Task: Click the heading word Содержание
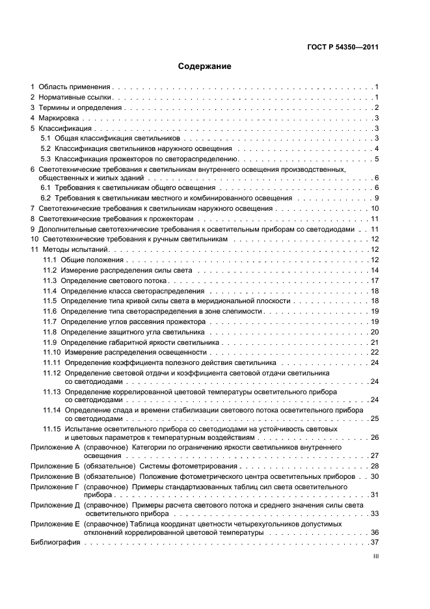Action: pos(205,66)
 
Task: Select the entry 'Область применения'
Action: pos(75,87)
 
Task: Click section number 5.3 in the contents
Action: pos(46,159)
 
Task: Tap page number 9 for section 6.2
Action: pos(376,198)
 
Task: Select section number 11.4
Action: pos(50,291)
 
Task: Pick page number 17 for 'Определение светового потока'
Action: pos(374,280)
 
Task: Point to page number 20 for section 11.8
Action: pos(374,332)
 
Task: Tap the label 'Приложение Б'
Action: pos(55,467)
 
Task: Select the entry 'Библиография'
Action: pos(55,542)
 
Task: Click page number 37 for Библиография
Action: pos(374,542)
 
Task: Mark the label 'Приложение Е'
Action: pos(55,523)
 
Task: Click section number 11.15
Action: pos(51,429)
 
